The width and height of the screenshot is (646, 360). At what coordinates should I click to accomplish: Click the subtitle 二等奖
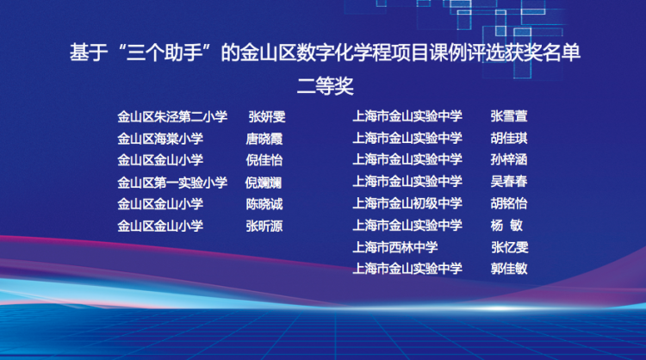tap(325, 86)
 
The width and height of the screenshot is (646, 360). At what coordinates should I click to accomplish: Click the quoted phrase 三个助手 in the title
tap(164, 53)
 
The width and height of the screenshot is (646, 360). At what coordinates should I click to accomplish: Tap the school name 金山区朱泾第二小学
tap(172, 117)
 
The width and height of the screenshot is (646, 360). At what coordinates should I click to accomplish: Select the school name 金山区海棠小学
tap(160, 139)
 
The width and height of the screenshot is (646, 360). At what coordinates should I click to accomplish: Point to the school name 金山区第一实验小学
tap(172, 183)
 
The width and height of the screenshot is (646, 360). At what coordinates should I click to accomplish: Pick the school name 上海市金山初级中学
tap(407, 203)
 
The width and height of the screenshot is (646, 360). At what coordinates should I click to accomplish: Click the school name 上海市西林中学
tap(395, 247)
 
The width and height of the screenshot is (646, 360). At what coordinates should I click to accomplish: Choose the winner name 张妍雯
tap(267, 117)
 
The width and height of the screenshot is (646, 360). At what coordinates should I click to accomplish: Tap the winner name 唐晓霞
tap(264, 139)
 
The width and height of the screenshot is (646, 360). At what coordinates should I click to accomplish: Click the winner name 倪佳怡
tap(264, 160)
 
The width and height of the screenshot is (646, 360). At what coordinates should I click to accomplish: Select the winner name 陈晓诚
tap(264, 204)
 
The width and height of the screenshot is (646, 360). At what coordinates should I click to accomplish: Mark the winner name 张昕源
tap(264, 227)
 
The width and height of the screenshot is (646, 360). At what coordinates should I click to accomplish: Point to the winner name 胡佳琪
tap(509, 138)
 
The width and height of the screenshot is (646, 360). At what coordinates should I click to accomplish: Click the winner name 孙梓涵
tap(509, 159)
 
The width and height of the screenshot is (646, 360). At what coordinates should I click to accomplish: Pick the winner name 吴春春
tap(509, 181)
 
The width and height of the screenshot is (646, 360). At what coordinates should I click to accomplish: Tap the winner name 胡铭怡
tap(509, 203)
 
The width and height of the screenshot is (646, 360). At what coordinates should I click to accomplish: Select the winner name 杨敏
tap(506, 226)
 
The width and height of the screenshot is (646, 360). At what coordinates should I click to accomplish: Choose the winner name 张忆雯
tap(510, 247)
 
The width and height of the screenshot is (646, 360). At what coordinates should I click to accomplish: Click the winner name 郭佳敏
tap(509, 269)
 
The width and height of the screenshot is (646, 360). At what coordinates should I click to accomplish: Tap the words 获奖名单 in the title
tap(542, 53)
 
